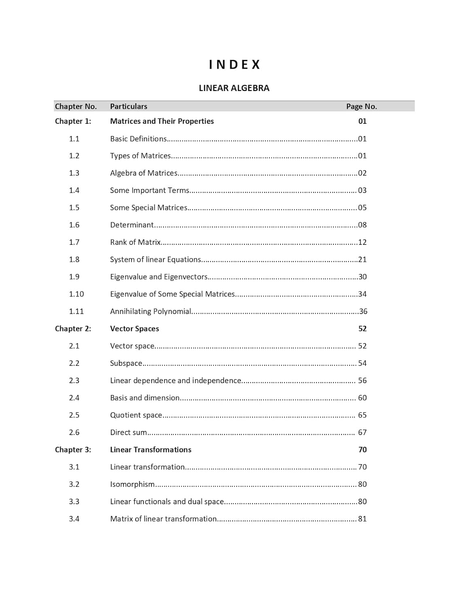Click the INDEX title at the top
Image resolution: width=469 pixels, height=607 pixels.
pyautogui.click(x=234, y=65)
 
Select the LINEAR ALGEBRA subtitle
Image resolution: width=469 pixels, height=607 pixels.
pyautogui.click(x=234, y=88)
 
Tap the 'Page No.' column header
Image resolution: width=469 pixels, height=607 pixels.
pyautogui.click(x=361, y=106)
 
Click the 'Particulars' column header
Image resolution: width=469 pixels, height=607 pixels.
pyautogui.click(x=129, y=106)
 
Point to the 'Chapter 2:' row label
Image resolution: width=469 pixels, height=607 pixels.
pyautogui.click(x=73, y=329)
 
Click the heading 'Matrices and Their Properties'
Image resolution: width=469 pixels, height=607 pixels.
pyautogui.click(x=162, y=121)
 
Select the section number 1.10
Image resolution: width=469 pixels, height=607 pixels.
pyautogui.click(x=76, y=294)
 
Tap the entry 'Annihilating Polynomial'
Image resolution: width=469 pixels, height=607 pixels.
pyautogui.click(x=151, y=312)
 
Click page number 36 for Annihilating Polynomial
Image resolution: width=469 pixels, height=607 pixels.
pyautogui.click(x=363, y=312)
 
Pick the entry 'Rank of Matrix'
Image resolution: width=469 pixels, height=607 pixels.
pyautogui.click(x=135, y=242)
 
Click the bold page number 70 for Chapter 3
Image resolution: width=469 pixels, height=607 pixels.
pyautogui.click(x=363, y=450)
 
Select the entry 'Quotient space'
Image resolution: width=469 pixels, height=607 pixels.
pyautogui.click(x=136, y=415)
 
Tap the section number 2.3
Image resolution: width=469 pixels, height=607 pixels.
pyautogui.click(x=74, y=380)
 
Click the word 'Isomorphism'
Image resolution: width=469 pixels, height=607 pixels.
pyautogui.click(x=132, y=484)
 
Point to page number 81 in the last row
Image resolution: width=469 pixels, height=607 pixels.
pyautogui.click(x=363, y=519)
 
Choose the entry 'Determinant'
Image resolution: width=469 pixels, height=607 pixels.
pyautogui.click(x=132, y=225)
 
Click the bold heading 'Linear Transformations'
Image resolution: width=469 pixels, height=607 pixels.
pyautogui.click(x=151, y=450)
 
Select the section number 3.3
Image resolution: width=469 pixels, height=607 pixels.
pyautogui.click(x=74, y=502)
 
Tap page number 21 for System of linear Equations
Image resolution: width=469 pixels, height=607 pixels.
pyautogui.click(x=363, y=259)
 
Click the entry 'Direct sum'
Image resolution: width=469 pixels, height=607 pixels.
pyautogui.click(x=128, y=433)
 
